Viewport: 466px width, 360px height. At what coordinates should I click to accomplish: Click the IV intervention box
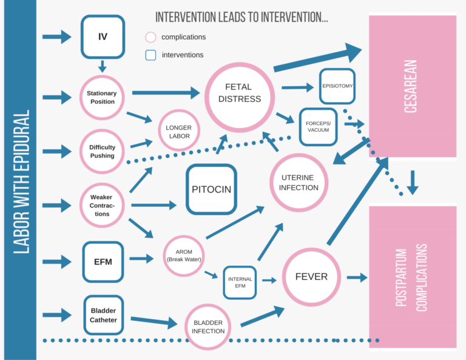point(103,36)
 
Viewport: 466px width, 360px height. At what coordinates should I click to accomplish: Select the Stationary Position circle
point(102,97)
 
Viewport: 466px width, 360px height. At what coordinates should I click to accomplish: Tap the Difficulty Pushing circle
point(102,151)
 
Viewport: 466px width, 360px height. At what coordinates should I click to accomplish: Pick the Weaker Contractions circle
point(102,206)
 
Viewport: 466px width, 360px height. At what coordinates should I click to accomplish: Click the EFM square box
point(103,262)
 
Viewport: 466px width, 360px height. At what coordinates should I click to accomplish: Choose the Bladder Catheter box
point(103,314)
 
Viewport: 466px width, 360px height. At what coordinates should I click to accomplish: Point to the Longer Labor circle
point(179,132)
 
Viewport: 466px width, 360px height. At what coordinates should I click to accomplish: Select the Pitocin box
point(211,189)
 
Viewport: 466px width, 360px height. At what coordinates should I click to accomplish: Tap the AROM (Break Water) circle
point(183,256)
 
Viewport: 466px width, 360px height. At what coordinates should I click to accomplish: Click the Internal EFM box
point(240,282)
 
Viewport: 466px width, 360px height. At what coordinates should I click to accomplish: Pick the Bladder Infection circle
point(208,327)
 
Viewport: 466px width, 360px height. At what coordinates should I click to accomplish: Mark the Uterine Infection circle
point(299,182)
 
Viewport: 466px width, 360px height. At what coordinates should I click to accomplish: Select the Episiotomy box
point(336,86)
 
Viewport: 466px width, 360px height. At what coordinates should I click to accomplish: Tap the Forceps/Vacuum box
point(319,126)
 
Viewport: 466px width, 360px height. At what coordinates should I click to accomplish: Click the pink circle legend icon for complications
point(151,37)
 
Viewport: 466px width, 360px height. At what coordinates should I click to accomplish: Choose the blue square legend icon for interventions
point(151,55)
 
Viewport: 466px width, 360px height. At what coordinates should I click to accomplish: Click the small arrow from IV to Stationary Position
point(103,66)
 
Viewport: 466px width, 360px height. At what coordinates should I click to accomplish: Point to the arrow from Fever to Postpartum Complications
point(356,277)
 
